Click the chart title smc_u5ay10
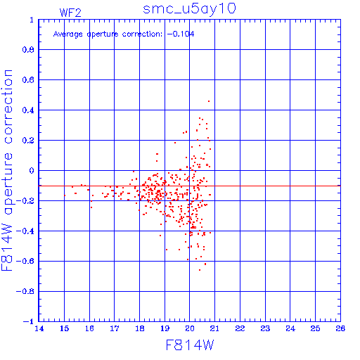click(x=189, y=9)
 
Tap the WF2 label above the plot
click(x=70, y=13)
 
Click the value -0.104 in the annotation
click(x=181, y=34)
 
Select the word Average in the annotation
click(x=68, y=34)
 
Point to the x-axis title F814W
click(x=190, y=345)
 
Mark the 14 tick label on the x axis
click(x=39, y=328)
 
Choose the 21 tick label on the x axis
click(x=214, y=328)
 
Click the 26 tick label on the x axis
click(x=340, y=328)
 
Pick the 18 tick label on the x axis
click(x=140, y=328)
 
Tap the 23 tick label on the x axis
click(x=265, y=328)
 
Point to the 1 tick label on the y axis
click(x=32, y=20)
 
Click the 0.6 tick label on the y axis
click(x=28, y=80)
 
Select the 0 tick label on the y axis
click(x=32, y=170)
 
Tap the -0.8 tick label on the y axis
click(x=25, y=291)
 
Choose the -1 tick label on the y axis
click(x=29, y=321)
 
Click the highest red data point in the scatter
click(x=209, y=101)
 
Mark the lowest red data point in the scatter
click(x=200, y=270)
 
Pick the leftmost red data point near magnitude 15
click(x=65, y=195)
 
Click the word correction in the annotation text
click(x=142, y=34)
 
